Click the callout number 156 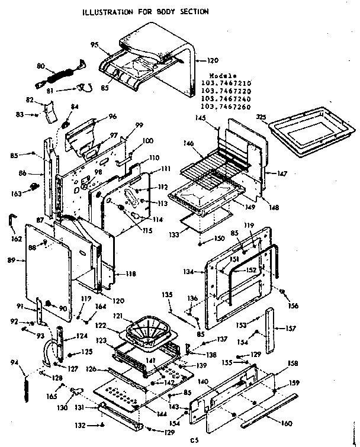[293, 305]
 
